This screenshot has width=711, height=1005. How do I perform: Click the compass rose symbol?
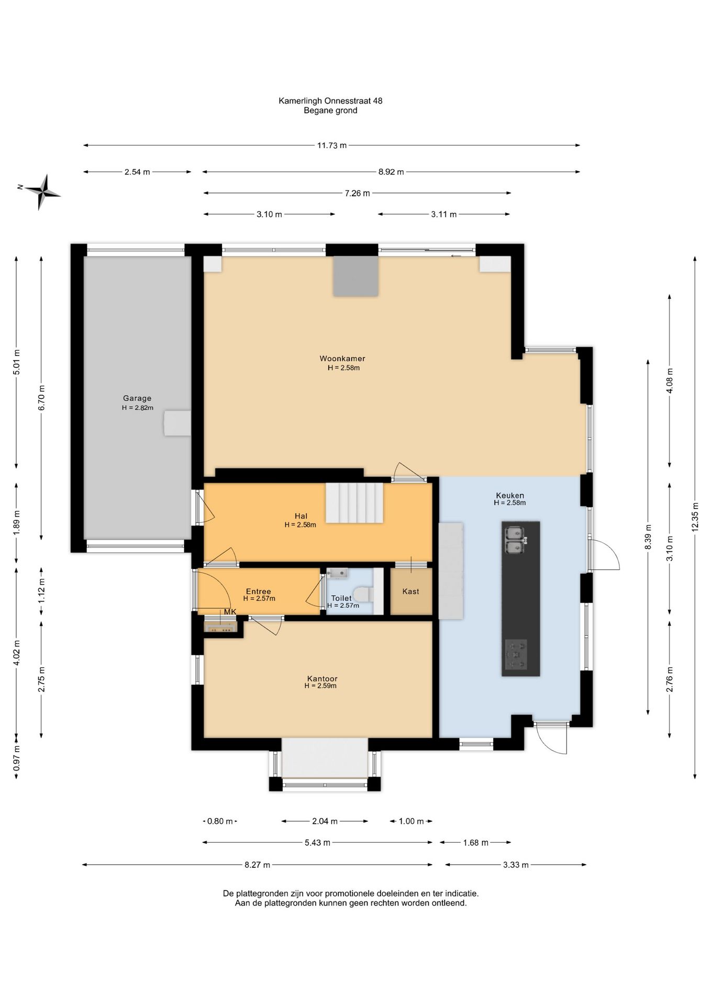pos(42,192)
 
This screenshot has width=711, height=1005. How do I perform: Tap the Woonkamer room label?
pos(342,359)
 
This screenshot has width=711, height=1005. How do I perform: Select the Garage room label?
pos(137,398)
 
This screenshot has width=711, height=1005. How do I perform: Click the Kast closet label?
pos(411,591)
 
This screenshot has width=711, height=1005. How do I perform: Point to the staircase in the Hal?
pos(355,502)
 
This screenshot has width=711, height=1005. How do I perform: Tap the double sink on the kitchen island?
pos(515,540)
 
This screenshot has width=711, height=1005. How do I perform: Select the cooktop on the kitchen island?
pos(516,654)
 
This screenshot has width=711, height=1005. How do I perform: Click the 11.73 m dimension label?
pos(332,146)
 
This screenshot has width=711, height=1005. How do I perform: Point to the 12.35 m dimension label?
pos(695,517)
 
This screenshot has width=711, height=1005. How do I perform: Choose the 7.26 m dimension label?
pos(357,193)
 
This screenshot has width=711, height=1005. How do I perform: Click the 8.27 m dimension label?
pos(257,865)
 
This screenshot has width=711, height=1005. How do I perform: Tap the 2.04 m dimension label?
pos(325,821)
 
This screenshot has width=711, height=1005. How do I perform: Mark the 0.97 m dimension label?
pos(16,757)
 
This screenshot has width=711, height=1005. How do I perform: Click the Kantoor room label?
pos(323,679)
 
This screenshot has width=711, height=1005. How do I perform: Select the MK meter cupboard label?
pos(230,612)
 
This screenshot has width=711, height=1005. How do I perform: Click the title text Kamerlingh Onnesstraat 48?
pos(330,100)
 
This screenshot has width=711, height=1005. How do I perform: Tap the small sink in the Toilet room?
pos(337,573)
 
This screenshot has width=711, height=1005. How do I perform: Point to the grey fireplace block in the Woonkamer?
pos(356,276)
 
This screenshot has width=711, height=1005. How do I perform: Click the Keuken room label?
pos(510,496)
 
